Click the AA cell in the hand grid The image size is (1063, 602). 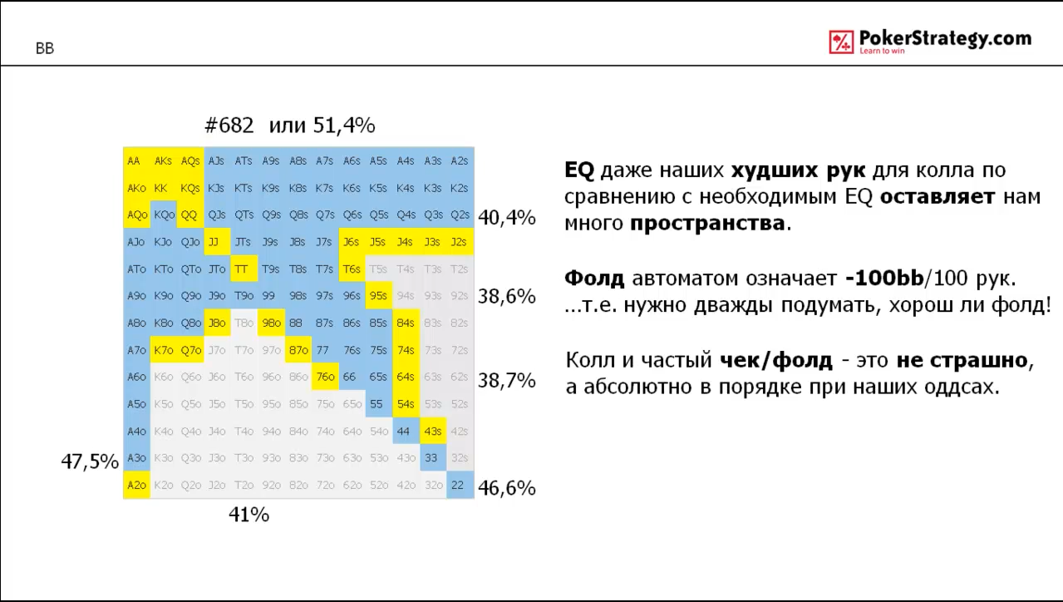point(135,161)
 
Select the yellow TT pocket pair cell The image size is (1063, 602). point(242,269)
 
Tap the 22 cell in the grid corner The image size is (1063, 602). point(458,486)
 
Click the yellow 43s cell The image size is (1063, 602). point(431,432)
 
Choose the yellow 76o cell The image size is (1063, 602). point(324,377)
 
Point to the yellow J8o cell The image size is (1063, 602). point(216,323)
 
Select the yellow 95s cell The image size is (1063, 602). point(378,296)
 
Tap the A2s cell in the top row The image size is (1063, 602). point(458,161)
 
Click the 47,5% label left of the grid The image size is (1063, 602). point(90,461)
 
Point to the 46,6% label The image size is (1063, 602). point(507,488)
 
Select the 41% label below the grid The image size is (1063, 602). point(249,516)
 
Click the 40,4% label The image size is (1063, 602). point(507,219)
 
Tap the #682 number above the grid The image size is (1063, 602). point(229,126)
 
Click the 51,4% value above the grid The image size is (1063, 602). point(344,126)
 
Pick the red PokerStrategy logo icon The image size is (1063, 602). point(841,42)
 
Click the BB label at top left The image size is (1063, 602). point(45,49)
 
